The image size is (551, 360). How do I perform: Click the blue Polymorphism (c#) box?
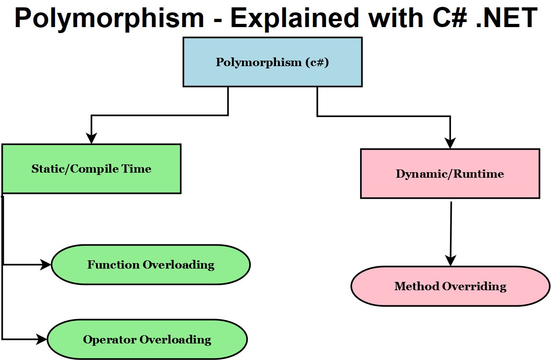click(x=272, y=62)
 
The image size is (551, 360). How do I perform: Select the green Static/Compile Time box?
click(x=91, y=169)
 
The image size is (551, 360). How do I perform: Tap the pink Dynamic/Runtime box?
click(x=450, y=174)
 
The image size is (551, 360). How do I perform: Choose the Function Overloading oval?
click(x=151, y=264)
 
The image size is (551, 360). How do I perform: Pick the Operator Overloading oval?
click(x=147, y=340)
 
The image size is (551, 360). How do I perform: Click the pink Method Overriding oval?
click(x=450, y=286)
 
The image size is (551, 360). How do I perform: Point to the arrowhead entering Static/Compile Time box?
click(x=92, y=139)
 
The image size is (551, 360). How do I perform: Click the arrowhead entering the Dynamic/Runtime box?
click(x=450, y=143)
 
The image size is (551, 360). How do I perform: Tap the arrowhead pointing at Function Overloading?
click(x=46, y=264)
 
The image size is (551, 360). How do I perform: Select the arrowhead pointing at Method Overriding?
click(x=450, y=261)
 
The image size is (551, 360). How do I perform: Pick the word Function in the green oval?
click(x=113, y=264)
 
